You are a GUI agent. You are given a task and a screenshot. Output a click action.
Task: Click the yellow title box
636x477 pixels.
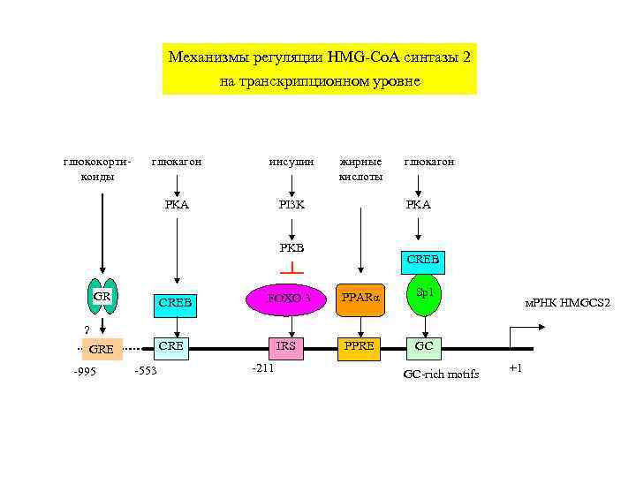click(319, 69)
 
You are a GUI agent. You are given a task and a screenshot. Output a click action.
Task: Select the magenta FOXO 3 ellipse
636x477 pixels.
click(284, 298)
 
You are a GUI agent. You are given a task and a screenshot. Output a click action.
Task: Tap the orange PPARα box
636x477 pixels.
click(360, 299)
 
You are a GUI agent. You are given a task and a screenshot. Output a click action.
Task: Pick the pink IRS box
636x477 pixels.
click(286, 346)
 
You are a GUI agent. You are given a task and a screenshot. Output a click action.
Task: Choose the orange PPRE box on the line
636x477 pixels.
click(360, 346)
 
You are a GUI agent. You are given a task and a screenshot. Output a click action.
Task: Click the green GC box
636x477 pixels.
click(424, 346)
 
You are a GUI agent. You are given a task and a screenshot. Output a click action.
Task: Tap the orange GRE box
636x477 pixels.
click(102, 349)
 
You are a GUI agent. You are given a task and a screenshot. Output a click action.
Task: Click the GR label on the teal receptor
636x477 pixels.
click(102, 297)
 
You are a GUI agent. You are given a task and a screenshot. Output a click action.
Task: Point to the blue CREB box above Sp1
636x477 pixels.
click(424, 261)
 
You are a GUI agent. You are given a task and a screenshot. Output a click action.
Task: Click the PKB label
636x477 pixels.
click(291, 247)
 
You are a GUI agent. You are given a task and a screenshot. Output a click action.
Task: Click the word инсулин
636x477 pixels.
click(291, 162)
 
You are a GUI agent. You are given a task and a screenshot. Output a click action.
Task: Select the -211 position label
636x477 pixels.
click(263, 367)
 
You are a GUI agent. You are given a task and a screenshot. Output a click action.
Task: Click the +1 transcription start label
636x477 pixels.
click(516, 367)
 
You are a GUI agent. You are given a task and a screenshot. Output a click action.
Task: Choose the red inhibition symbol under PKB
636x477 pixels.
click(291, 268)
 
